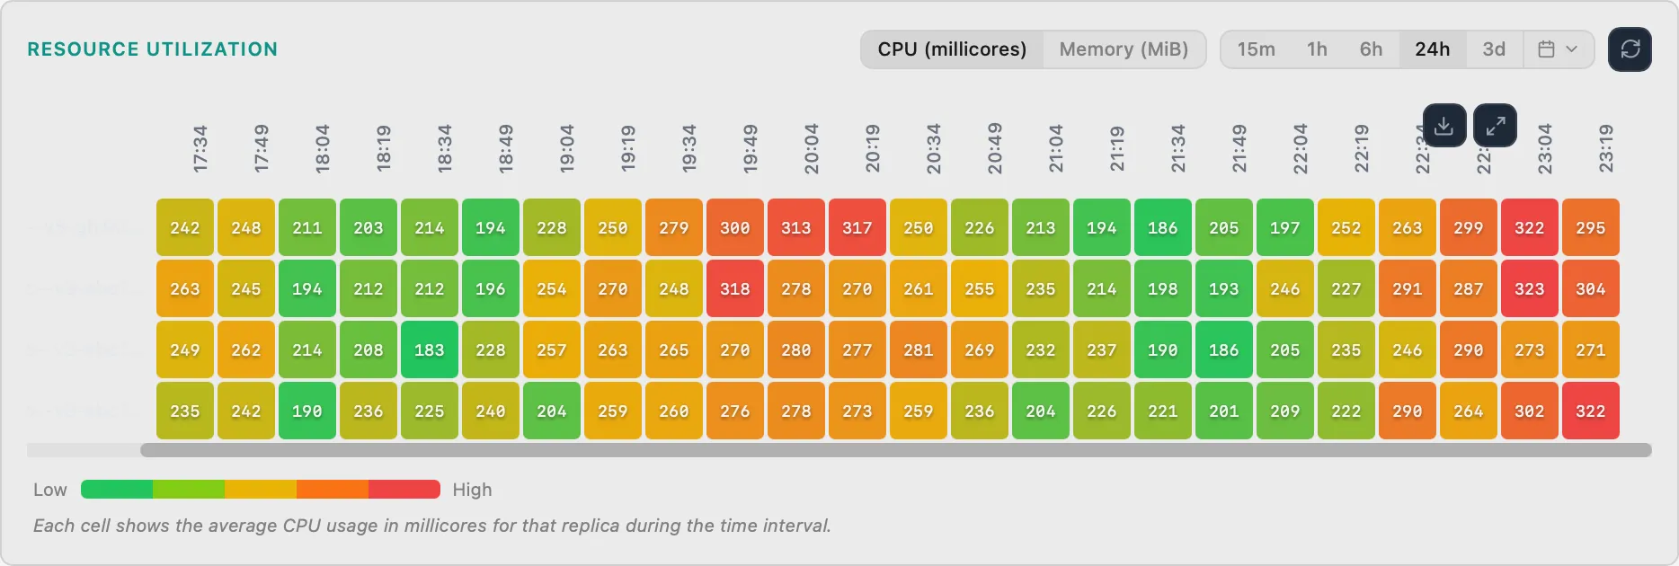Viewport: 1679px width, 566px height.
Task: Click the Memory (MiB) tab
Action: tap(1124, 49)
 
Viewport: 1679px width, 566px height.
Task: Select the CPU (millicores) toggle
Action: tap(952, 49)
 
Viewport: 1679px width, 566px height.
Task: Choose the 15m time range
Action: tap(1256, 49)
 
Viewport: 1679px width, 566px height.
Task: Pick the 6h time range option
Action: tap(1371, 49)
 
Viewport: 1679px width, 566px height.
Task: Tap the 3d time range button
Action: tap(1494, 49)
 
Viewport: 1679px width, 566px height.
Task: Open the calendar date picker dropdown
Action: tap(1558, 49)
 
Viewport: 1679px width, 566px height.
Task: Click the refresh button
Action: tap(1630, 49)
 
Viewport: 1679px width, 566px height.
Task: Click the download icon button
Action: tap(1444, 126)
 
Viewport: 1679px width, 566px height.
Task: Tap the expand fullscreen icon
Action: tap(1495, 126)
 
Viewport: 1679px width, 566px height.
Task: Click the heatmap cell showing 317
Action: tap(857, 228)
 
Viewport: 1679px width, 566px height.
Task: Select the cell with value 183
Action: tap(430, 350)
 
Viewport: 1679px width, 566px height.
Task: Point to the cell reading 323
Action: tap(1530, 289)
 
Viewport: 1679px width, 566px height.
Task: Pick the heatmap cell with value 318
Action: tap(735, 289)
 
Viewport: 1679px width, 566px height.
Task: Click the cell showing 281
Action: tap(919, 350)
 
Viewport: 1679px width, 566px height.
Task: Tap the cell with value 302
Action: tap(1530, 411)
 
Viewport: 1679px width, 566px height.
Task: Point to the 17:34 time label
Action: tap(200, 149)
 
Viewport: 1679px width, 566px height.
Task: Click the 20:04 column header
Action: tap(811, 149)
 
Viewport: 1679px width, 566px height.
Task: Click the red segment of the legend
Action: tap(404, 490)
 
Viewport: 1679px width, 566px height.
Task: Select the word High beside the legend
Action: tap(472, 490)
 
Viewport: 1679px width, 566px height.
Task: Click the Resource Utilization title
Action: tap(153, 49)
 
